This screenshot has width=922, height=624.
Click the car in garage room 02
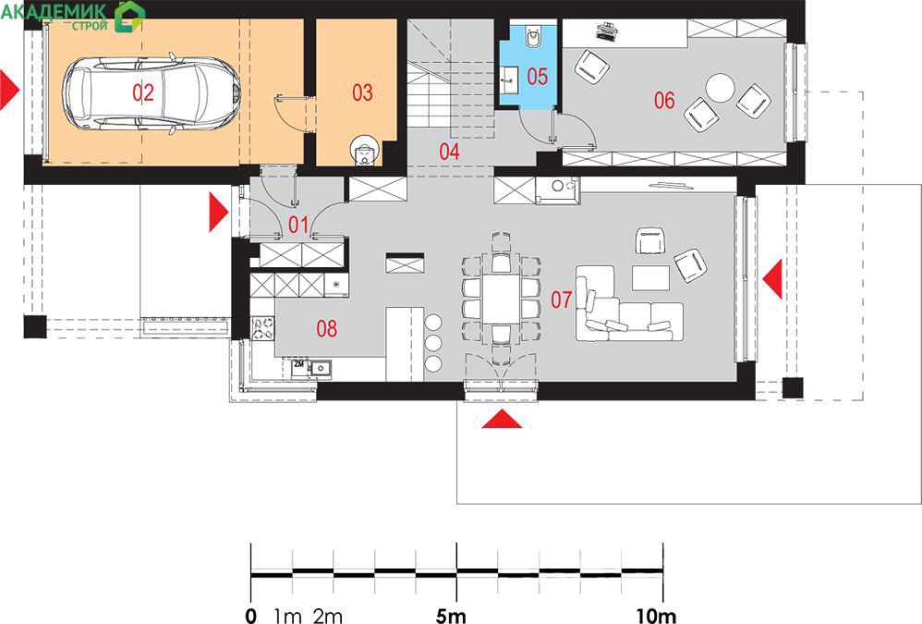[x=151, y=93]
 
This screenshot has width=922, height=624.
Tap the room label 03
[x=362, y=92]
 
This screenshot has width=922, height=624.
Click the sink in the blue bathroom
[x=509, y=75]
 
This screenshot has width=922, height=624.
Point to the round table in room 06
[x=720, y=88]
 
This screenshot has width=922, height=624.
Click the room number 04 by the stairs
[x=449, y=152]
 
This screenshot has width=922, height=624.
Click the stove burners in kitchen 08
[x=263, y=327]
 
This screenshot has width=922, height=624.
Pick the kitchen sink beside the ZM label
[x=321, y=368]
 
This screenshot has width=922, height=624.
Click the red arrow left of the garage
[x=10, y=90]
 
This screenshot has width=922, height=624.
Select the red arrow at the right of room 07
[x=772, y=278]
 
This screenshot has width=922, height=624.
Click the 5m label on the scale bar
[x=451, y=616]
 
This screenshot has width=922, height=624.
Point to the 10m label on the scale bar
[x=656, y=616]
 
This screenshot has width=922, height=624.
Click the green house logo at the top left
[x=129, y=16]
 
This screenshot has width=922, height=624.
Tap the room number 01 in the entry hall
[x=298, y=224]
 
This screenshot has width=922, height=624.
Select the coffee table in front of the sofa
[x=650, y=277]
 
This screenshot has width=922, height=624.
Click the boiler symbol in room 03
[x=365, y=151]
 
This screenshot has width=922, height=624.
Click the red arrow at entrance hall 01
[x=219, y=213]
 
